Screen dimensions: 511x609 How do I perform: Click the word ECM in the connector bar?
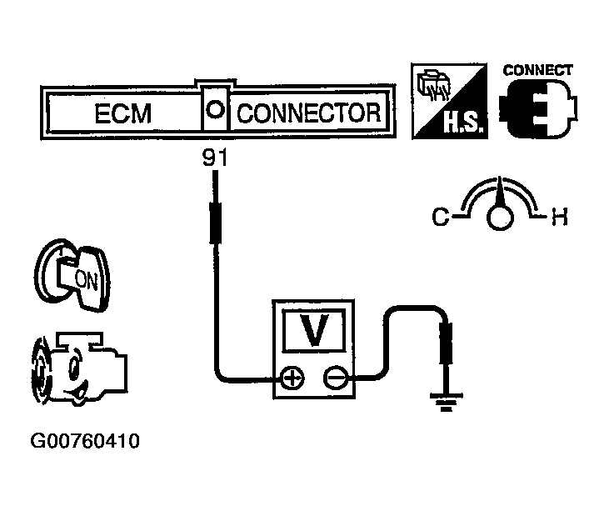pos(122,113)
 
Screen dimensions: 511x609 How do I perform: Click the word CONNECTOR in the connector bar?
pos(309,113)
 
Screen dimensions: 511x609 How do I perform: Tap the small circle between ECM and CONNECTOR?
pos(214,109)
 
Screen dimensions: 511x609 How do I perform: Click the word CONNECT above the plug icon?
pos(538,71)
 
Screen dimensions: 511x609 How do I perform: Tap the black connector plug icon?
pos(536,108)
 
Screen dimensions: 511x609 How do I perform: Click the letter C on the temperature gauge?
pos(439,218)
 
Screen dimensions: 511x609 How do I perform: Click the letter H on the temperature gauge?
pos(560,218)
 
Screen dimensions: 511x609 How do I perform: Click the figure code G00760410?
pos(84,439)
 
